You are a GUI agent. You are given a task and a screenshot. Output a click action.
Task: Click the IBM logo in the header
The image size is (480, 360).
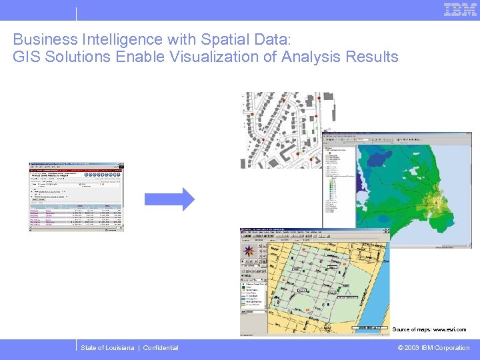[460, 9]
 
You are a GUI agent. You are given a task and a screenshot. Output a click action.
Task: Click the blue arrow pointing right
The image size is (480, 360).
[169, 199]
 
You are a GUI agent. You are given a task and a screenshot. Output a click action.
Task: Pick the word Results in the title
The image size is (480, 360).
[371, 57]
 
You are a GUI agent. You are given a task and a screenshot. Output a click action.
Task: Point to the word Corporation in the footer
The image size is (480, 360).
[452, 348]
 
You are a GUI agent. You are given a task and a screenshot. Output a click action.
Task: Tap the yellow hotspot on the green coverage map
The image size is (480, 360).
[437, 201]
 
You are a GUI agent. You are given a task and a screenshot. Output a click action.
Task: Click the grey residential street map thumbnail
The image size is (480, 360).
[281, 129]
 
